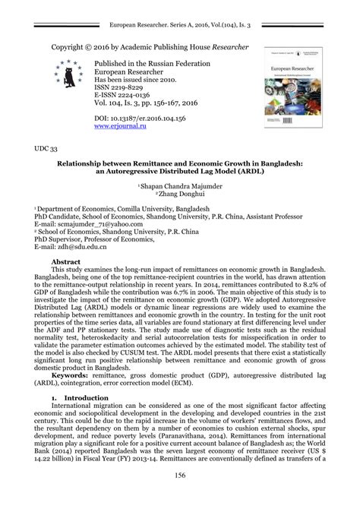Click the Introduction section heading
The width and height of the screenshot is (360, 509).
pos(87,397)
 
